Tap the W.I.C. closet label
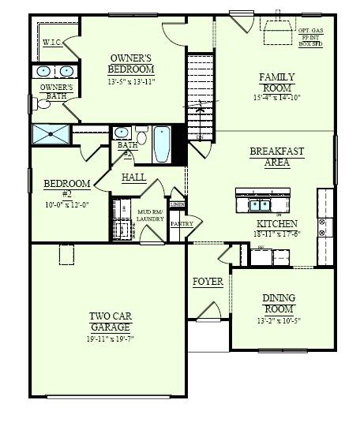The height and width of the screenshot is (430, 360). [x=52, y=42]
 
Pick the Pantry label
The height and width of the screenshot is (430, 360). [x=182, y=224]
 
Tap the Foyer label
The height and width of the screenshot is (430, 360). [x=208, y=282]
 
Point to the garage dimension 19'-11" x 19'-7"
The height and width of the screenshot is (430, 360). [x=110, y=339]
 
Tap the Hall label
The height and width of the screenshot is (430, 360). [x=133, y=179]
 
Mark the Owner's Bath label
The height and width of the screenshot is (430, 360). [x=56, y=91]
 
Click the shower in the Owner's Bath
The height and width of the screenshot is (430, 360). [x=49, y=134]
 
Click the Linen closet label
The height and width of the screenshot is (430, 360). [x=177, y=204]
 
